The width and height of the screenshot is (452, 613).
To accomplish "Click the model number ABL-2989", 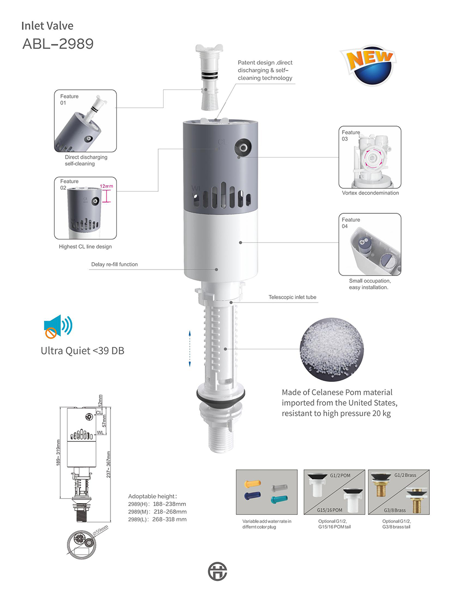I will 58,44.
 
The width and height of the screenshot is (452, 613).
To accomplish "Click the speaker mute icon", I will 57,327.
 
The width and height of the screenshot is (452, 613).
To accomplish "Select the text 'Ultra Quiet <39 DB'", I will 83,351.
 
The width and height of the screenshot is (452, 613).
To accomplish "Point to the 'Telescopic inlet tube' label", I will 292,297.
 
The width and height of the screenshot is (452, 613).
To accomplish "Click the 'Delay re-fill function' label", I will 114,265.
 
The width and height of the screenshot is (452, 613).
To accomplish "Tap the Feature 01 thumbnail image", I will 85,121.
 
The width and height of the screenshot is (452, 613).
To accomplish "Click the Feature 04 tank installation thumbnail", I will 369,244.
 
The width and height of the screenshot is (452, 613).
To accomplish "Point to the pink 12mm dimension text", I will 106,186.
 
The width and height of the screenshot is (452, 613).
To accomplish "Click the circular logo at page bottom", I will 218,571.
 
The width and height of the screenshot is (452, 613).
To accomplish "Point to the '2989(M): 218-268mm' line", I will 157,511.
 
